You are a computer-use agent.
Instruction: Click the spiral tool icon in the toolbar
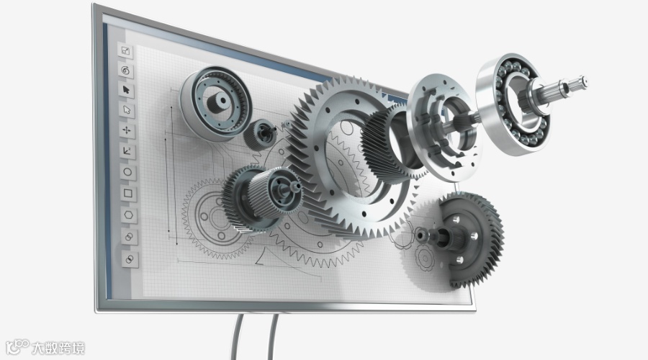(125, 70)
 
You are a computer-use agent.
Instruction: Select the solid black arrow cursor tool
(126, 90)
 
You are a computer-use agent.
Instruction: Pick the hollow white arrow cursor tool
(127, 110)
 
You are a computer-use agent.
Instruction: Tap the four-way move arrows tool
(127, 130)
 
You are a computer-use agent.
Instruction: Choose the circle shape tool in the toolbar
(127, 172)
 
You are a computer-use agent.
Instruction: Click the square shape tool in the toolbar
(128, 193)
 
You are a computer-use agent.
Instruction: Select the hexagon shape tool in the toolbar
(129, 215)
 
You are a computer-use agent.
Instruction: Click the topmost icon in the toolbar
(125, 51)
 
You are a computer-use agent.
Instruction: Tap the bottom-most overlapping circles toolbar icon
(130, 259)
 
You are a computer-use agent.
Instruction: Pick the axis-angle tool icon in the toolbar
(127, 151)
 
